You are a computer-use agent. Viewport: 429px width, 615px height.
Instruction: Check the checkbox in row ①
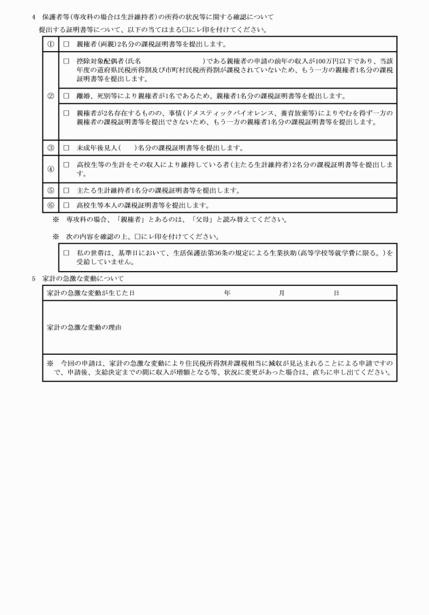point(66,44)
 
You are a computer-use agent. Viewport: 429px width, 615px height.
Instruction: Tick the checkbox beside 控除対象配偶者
point(66,61)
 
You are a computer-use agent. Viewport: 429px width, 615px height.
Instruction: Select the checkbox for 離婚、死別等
point(66,95)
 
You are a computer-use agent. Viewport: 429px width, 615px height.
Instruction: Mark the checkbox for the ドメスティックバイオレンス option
point(66,112)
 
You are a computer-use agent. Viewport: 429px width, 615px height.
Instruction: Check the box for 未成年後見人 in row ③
point(66,148)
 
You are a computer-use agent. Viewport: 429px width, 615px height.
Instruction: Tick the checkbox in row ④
point(66,165)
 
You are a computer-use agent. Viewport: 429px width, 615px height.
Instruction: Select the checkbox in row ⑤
point(66,191)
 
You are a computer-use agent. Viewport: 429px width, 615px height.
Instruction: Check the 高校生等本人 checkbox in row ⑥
point(66,205)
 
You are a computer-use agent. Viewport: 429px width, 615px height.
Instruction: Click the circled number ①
point(50,44)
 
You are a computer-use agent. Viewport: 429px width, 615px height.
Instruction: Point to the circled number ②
point(50,96)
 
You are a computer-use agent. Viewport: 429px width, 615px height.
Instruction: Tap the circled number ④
point(50,169)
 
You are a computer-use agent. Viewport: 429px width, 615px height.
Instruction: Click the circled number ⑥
point(50,205)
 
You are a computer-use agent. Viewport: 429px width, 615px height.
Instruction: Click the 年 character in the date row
point(227,293)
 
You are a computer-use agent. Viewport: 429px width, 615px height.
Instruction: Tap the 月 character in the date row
point(281,293)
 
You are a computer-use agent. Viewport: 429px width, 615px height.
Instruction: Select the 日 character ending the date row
point(336,293)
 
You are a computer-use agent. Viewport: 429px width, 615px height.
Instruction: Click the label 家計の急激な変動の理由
point(84,328)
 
